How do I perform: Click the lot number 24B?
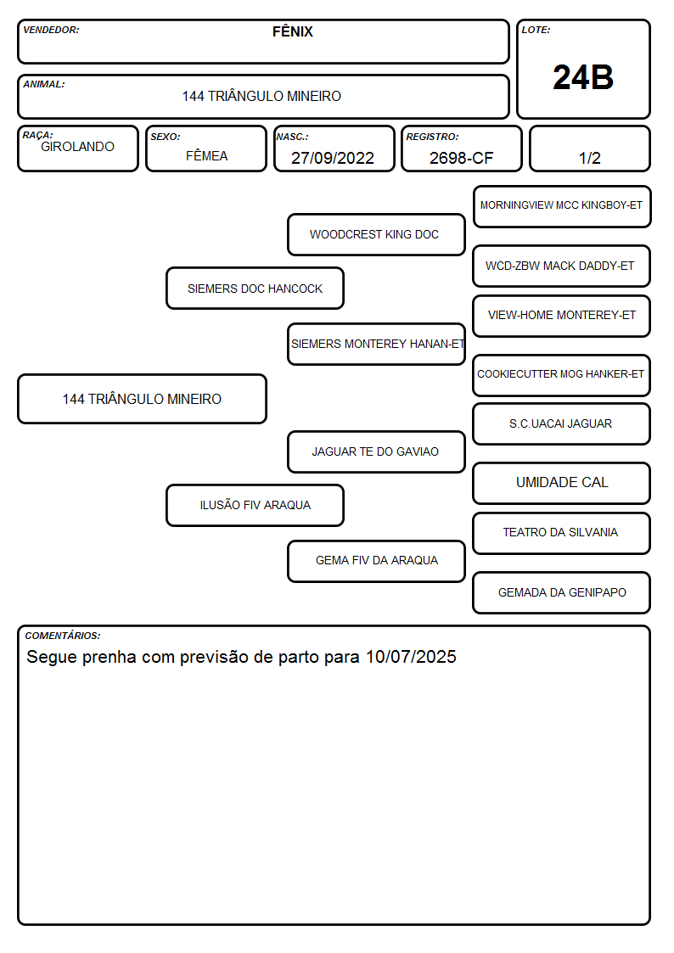(x=583, y=78)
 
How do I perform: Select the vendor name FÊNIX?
(x=292, y=31)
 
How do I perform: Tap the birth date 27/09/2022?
(x=333, y=158)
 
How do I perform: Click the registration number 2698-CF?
(x=461, y=158)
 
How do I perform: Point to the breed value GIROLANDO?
(x=77, y=147)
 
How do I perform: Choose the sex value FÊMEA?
(x=206, y=155)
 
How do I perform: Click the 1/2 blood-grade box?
(x=589, y=149)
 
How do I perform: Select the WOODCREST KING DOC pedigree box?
(x=376, y=234)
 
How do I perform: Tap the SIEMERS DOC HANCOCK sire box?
(x=255, y=289)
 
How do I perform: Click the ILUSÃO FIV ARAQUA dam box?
(x=255, y=505)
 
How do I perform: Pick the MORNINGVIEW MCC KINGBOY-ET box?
(x=562, y=207)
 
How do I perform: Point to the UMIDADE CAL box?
(x=562, y=483)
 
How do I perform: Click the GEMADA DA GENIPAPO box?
(x=562, y=592)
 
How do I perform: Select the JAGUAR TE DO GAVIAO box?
(x=376, y=452)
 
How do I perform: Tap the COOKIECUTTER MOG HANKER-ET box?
(x=562, y=375)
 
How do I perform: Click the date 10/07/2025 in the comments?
(x=411, y=657)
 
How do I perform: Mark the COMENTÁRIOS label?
(x=63, y=636)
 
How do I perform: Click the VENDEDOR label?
(x=51, y=30)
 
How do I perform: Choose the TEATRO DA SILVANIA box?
(x=562, y=533)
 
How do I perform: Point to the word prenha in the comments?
(x=109, y=658)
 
